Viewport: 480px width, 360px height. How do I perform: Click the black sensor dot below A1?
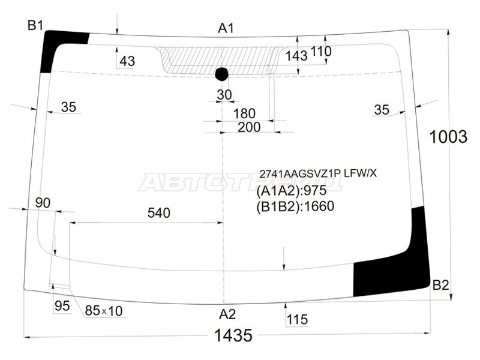point(221,74)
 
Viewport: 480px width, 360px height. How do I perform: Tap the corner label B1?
point(35,25)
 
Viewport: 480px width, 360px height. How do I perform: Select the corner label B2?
point(441,286)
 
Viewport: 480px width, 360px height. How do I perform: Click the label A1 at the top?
point(226,28)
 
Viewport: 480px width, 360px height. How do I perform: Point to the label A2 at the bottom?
point(227,314)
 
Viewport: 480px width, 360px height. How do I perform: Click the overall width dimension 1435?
point(233,336)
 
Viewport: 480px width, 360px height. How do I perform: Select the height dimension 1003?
point(448,137)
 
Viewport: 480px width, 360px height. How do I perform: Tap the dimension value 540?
point(159,212)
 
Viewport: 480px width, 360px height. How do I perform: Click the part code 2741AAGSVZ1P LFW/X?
point(318,173)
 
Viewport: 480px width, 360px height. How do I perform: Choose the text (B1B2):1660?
point(295,206)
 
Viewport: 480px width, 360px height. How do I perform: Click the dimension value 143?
point(296,55)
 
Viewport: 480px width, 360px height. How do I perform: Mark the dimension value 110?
point(321,52)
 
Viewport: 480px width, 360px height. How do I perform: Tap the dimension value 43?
point(127,61)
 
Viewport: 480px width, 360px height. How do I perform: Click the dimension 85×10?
point(103,311)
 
